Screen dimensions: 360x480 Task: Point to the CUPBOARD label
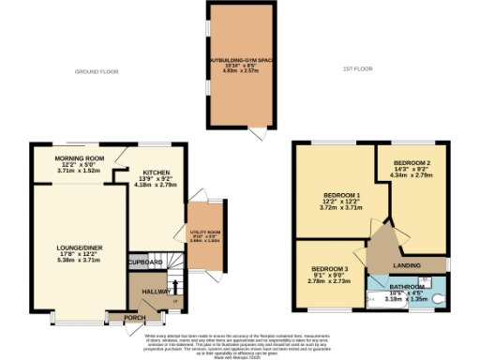pyautogui.click(x=145, y=262)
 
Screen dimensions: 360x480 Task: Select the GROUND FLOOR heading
pyautogui.click(x=98, y=71)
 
